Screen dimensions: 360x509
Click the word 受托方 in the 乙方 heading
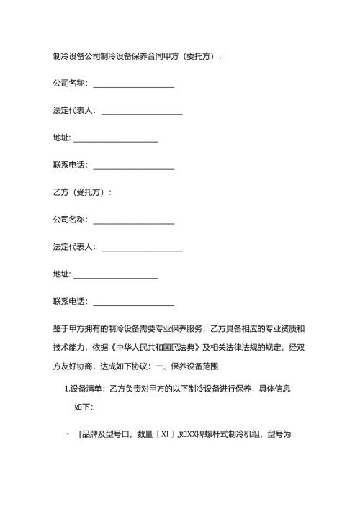(x=91, y=192)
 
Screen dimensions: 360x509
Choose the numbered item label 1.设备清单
(x=84, y=389)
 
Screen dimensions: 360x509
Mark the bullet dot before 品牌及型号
(x=67, y=435)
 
